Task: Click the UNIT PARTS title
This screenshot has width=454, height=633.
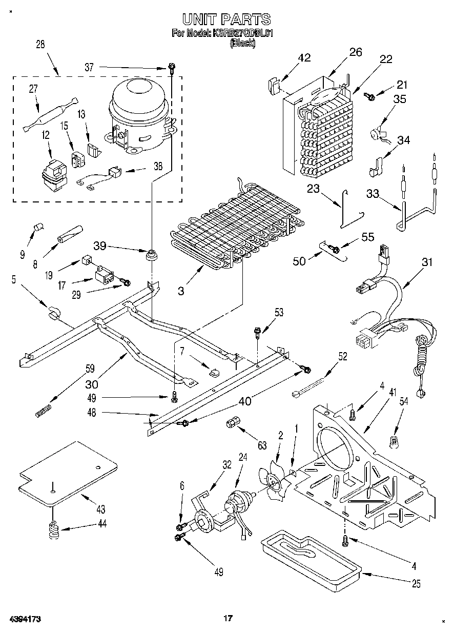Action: [226, 19]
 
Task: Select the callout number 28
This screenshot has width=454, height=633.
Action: [40, 45]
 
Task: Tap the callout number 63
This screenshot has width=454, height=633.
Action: [262, 445]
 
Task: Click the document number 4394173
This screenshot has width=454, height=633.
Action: [24, 619]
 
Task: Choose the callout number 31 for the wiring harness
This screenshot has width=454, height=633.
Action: [426, 262]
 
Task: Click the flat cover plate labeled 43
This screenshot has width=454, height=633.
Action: [69, 471]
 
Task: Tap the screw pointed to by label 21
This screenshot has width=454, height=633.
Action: [369, 95]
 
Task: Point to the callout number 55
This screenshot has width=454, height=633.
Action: [368, 237]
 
